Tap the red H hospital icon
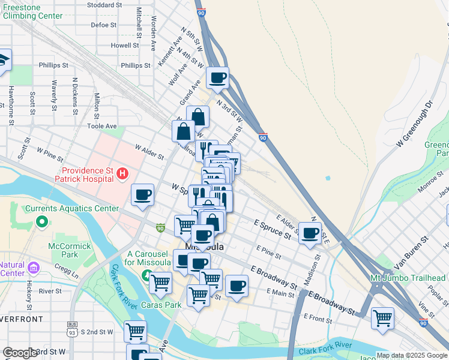point(123,174)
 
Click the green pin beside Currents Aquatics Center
point(41,222)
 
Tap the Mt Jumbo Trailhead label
point(408,277)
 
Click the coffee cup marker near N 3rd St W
point(217,77)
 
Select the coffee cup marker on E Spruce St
point(310,233)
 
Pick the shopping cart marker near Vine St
point(382,318)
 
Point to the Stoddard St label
point(104,5)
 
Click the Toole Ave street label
point(101,126)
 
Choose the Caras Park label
point(161,305)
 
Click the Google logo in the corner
point(20,353)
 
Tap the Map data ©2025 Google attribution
point(412,355)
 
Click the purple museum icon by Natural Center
point(33,266)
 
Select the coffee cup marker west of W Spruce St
point(142,195)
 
